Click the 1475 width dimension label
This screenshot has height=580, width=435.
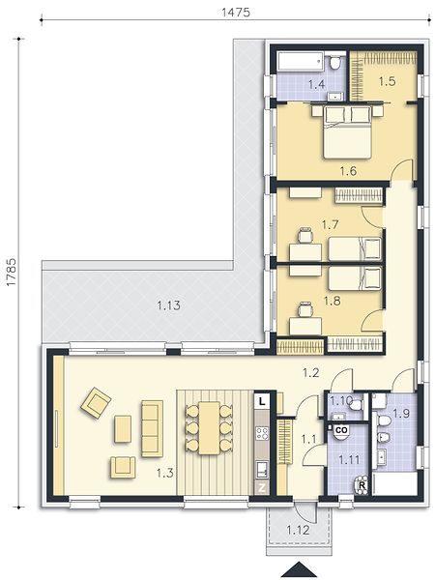(x=236, y=13)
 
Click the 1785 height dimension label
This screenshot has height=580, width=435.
(x=12, y=272)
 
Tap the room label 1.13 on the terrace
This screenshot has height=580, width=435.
(x=168, y=305)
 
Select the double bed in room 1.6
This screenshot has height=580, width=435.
(x=348, y=132)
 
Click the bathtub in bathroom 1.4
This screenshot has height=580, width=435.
(x=301, y=61)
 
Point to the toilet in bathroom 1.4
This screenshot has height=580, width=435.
(x=335, y=62)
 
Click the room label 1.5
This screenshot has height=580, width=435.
(x=387, y=81)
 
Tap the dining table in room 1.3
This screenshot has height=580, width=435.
(x=210, y=428)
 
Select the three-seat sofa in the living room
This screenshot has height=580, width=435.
(x=152, y=428)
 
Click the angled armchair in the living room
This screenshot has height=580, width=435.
(x=96, y=403)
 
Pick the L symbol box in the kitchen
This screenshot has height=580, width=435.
(x=262, y=402)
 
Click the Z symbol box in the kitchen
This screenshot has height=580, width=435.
(x=262, y=488)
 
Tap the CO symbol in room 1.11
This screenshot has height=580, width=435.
(x=341, y=430)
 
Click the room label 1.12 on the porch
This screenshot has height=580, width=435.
(x=298, y=530)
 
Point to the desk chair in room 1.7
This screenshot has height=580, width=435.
(x=305, y=236)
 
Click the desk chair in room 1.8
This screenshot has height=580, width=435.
(x=305, y=309)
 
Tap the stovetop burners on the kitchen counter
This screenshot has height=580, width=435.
(x=262, y=433)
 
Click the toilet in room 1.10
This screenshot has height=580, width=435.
(x=356, y=405)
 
